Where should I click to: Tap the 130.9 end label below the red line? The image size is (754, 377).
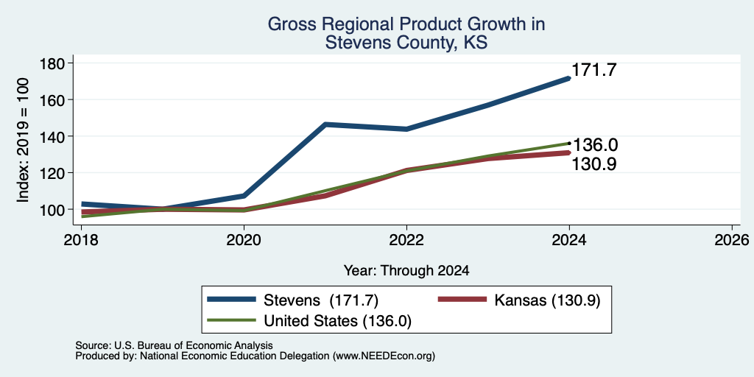594,164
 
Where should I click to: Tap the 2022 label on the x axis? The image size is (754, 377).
406,240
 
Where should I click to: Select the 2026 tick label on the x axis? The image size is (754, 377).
731,240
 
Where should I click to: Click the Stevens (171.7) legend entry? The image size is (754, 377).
293,300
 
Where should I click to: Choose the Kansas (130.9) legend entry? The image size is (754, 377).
519,300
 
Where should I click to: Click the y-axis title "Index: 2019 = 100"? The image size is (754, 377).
23,140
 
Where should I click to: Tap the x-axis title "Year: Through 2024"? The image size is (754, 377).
406,271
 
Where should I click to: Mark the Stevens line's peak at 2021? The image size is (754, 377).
325,124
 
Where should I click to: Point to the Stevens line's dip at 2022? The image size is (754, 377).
406,129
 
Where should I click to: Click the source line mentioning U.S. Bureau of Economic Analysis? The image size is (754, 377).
174,345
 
